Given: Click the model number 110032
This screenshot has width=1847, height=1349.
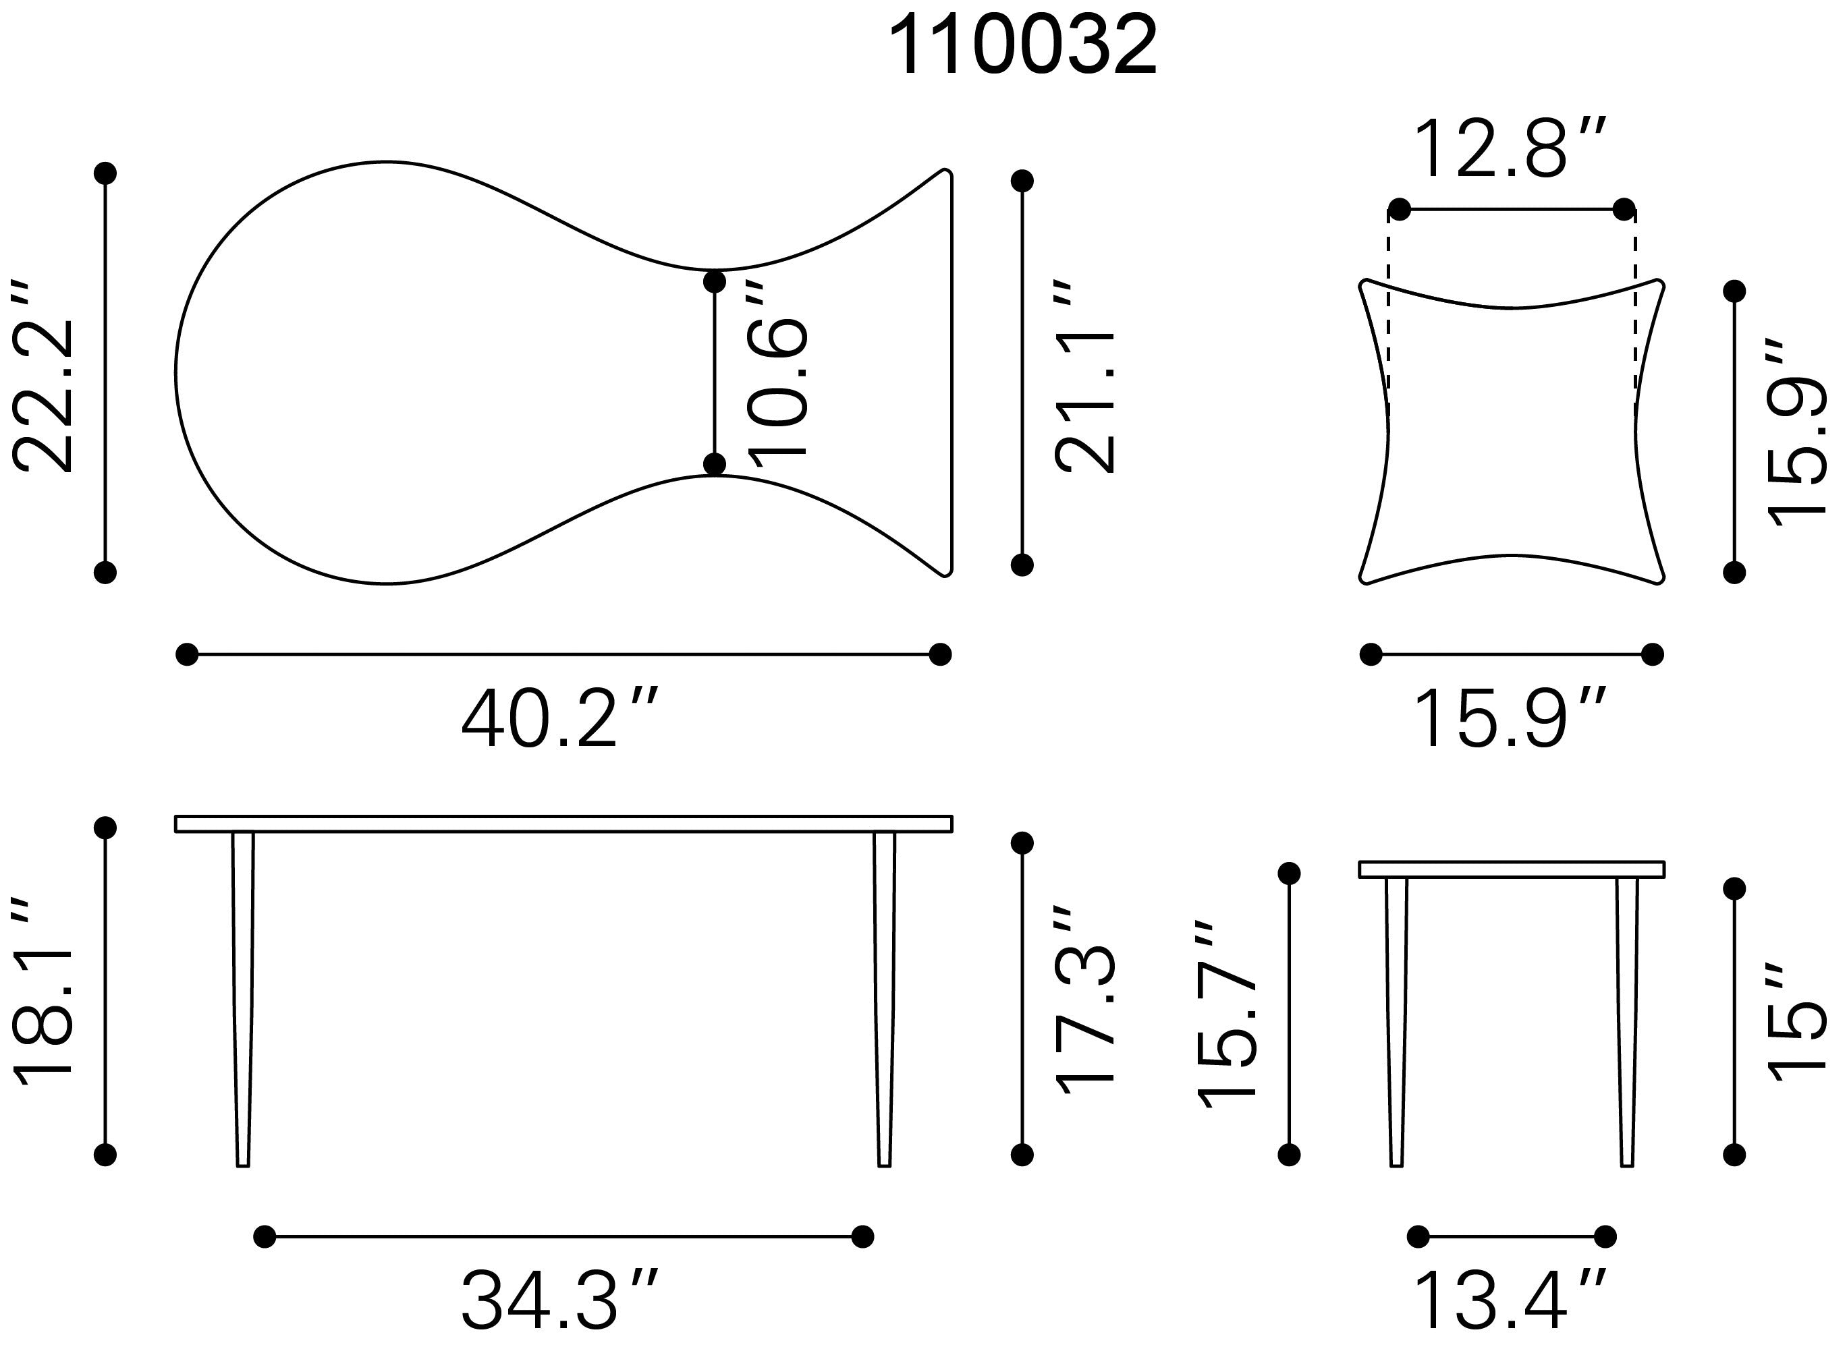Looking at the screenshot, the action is coord(1023,46).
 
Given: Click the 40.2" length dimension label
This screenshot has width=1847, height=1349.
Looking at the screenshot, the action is coord(559,718).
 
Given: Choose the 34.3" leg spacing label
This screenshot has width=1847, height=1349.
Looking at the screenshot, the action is coord(559,1300).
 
